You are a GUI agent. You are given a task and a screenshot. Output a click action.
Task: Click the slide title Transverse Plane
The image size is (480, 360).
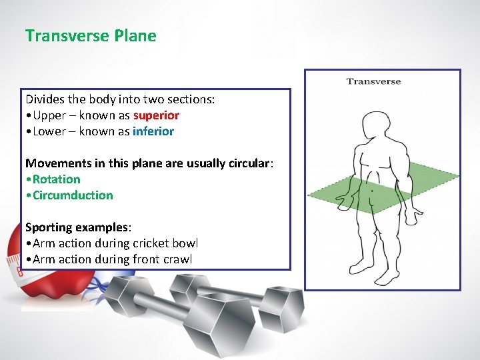tap(91, 36)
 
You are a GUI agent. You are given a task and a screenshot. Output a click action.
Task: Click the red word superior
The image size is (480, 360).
tap(156, 115)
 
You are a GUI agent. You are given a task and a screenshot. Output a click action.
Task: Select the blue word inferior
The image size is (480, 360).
tap(153, 131)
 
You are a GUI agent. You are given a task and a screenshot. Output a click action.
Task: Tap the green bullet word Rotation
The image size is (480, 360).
tap(57, 179)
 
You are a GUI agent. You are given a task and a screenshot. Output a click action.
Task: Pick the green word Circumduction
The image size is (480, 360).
tap(73, 195)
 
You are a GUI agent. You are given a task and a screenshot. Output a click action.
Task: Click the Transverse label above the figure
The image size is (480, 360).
tap(373, 81)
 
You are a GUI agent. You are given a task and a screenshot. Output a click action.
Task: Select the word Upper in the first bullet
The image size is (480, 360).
tap(49, 115)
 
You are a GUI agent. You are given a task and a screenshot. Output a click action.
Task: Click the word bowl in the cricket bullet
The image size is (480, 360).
tap(185, 243)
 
